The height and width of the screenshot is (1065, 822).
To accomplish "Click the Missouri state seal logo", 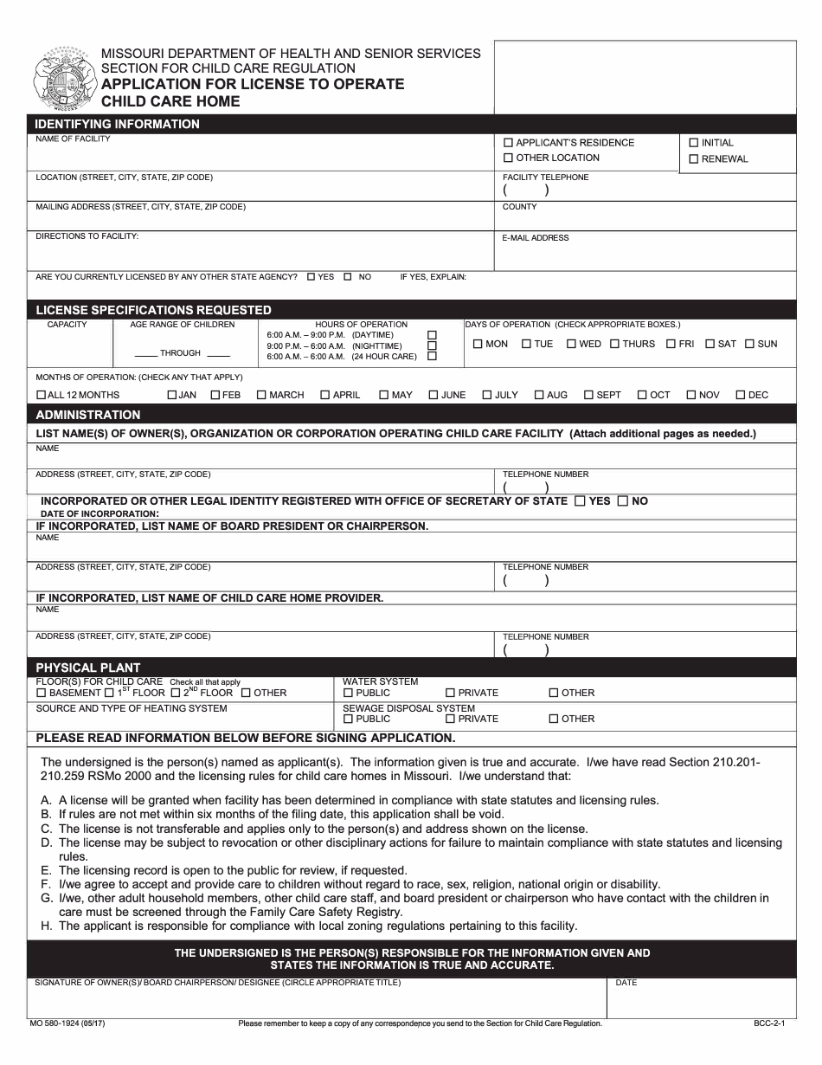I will pos(62,81).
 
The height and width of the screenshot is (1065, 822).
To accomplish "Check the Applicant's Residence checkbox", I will pos(508,143).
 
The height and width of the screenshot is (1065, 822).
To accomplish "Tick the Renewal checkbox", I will pos(693,159).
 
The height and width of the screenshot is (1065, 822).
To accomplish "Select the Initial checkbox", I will pos(693,143).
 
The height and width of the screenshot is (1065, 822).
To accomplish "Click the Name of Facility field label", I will pos(73,139).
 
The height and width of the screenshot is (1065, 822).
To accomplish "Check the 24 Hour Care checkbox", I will pos(433,356).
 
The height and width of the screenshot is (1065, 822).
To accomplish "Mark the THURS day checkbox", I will pos(614,345).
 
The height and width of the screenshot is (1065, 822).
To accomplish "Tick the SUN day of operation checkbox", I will pos(749,345).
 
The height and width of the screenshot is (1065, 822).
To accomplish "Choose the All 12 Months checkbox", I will pos(41,396).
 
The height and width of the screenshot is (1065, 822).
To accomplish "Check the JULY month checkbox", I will pos(487,396).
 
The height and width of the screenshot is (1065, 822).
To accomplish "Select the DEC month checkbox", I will pos(741,396).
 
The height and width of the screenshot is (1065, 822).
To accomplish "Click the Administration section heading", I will pos(87,415).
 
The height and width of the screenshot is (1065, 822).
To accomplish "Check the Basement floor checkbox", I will pos(41,694).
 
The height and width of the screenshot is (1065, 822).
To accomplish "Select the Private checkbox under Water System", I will pos(450,694).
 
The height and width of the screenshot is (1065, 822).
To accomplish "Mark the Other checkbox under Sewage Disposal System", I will pos(554,720).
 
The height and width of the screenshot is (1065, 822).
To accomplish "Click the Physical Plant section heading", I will pos(87,668).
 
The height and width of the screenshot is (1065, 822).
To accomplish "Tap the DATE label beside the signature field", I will pos(626,983).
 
